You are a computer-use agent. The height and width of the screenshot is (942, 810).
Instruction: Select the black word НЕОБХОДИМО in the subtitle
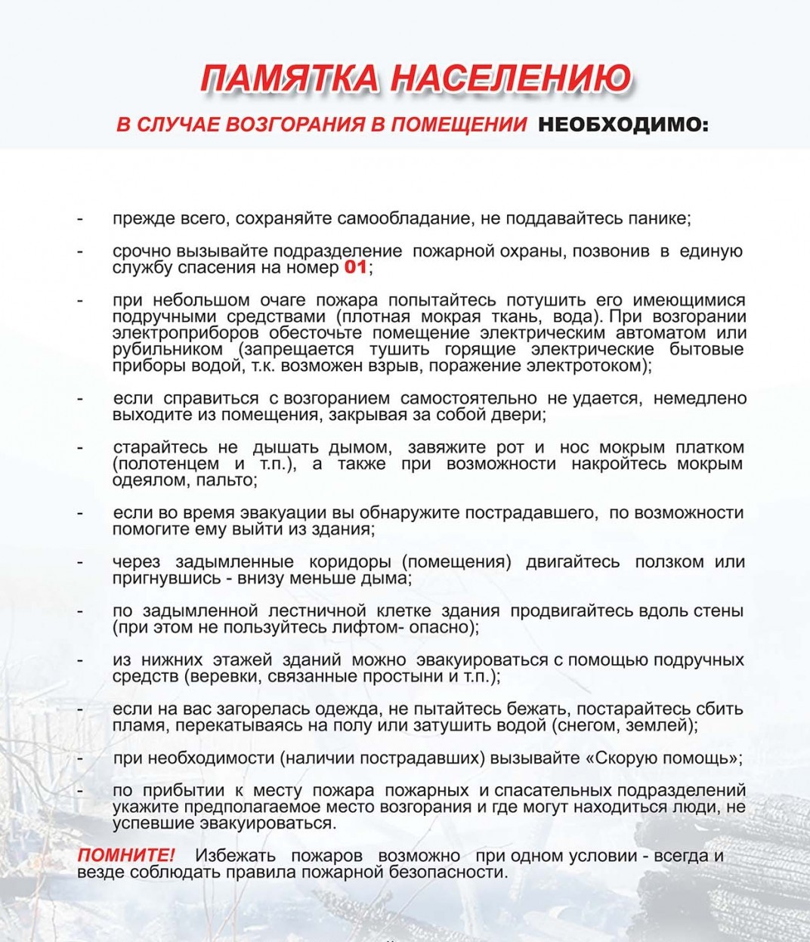click(x=623, y=125)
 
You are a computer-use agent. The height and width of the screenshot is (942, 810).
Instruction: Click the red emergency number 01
click(x=355, y=267)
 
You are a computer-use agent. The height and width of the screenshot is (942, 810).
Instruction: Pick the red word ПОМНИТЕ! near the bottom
click(x=126, y=856)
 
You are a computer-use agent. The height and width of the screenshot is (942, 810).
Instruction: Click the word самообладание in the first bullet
click(x=402, y=219)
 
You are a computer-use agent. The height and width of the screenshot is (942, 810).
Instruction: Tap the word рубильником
click(x=168, y=350)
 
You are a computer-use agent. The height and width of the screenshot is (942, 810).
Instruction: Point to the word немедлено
click(x=700, y=398)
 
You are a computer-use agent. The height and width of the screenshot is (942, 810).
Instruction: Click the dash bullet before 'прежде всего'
click(x=80, y=220)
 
